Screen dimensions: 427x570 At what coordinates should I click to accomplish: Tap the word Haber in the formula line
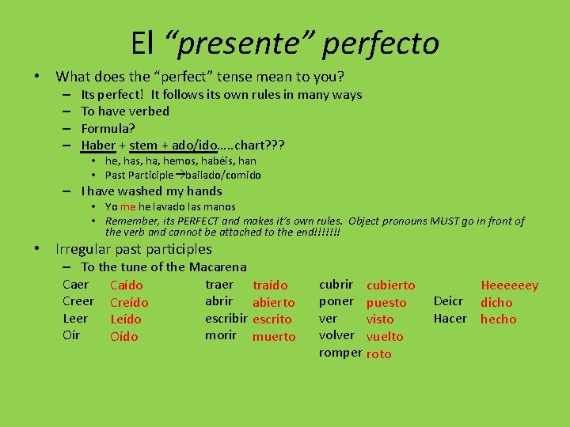(x=98, y=145)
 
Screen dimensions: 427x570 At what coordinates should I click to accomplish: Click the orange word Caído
(x=127, y=285)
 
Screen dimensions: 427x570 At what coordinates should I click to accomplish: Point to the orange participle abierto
(x=273, y=302)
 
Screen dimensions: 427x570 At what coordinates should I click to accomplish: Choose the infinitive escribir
(x=226, y=319)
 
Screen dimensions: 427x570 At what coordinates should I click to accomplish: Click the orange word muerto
(x=274, y=337)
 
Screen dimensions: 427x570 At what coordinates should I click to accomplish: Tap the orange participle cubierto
(x=390, y=285)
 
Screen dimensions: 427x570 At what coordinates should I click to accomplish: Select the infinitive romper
(x=340, y=353)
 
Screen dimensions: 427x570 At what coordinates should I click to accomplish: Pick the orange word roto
(x=378, y=353)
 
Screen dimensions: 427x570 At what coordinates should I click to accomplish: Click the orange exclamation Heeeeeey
(x=509, y=285)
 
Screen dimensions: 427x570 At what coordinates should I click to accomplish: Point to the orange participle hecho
(x=498, y=319)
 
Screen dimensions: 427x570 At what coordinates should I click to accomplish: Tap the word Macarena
(x=218, y=267)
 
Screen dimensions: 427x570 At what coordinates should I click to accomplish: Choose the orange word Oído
(x=123, y=337)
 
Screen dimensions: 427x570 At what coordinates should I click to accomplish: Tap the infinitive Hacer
(x=451, y=319)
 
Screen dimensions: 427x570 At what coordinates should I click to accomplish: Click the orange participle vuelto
(x=385, y=336)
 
